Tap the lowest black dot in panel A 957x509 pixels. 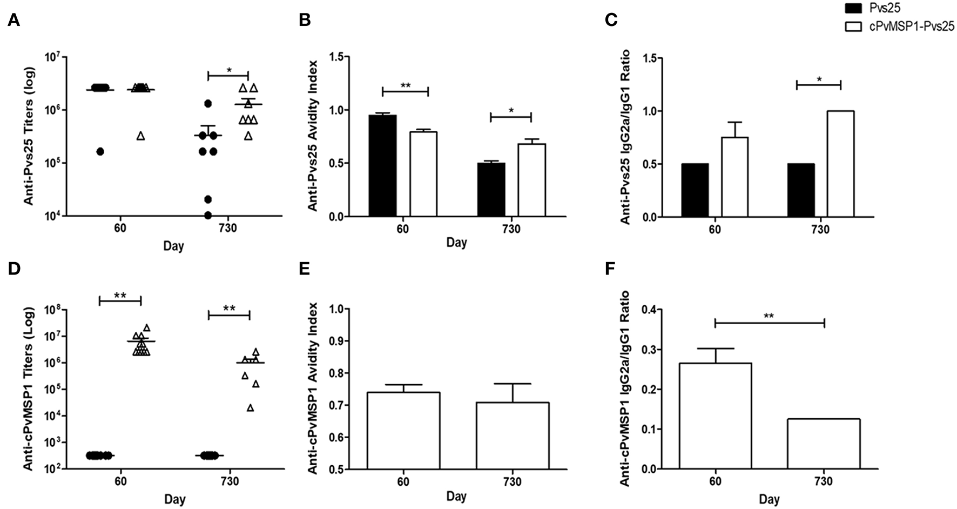[x=208, y=216]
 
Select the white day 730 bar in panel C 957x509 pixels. [x=840, y=164]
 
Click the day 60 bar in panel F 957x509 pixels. [x=715, y=416]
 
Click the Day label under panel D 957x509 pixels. [x=174, y=499]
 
